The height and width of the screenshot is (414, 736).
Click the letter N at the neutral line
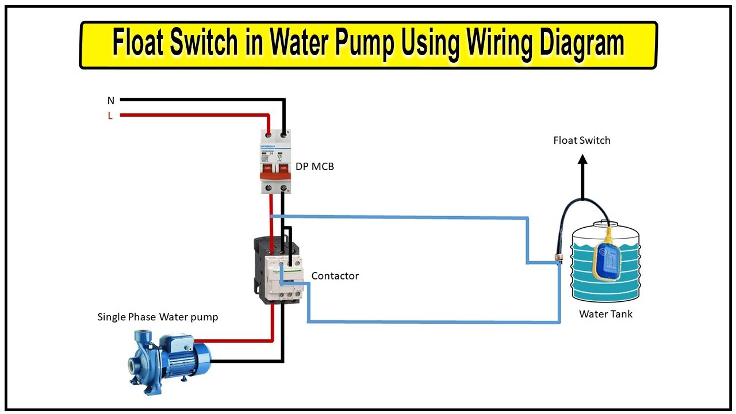(111, 101)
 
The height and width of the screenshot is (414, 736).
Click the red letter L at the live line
(110, 116)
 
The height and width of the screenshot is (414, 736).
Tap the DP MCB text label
(315, 167)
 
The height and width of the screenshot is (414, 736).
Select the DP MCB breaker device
(274, 161)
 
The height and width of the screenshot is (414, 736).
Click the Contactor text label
(335, 276)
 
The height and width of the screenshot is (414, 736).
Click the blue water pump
(168, 357)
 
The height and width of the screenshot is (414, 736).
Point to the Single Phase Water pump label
(158, 317)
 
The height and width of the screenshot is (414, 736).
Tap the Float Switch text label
(581, 140)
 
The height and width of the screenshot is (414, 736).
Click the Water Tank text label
(605, 314)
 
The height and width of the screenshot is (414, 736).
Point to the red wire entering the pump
(241, 341)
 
